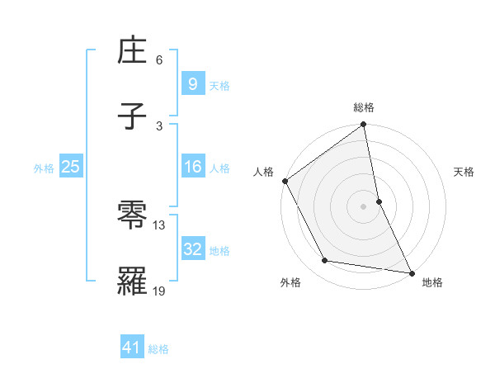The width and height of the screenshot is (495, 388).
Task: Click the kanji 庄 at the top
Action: coord(133,54)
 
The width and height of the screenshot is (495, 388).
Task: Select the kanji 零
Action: coord(133,217)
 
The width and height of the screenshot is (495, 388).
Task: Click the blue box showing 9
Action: coord(191,83)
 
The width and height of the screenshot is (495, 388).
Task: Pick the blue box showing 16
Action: coord(191,167)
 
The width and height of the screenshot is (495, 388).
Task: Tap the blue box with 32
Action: coord(191,248)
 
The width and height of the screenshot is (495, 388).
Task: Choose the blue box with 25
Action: coord(70,167)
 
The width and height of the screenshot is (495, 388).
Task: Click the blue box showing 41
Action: coord(132,348)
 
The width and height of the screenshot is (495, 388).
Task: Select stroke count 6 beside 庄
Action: coord(159,60)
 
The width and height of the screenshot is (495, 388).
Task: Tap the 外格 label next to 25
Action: coord(44,168)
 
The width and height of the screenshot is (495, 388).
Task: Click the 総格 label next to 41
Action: coord(158,349)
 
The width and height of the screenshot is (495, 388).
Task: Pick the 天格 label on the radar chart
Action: coord(464,172)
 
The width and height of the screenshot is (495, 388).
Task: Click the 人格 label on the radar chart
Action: coord(263,172)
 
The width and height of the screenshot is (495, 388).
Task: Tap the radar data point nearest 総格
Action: coord(363,125)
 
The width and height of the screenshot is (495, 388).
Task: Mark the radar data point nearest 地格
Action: coord(411,272)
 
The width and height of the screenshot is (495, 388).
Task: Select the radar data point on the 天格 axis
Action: coord(379,201)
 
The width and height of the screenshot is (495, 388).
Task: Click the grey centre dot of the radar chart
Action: coord(363,206)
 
